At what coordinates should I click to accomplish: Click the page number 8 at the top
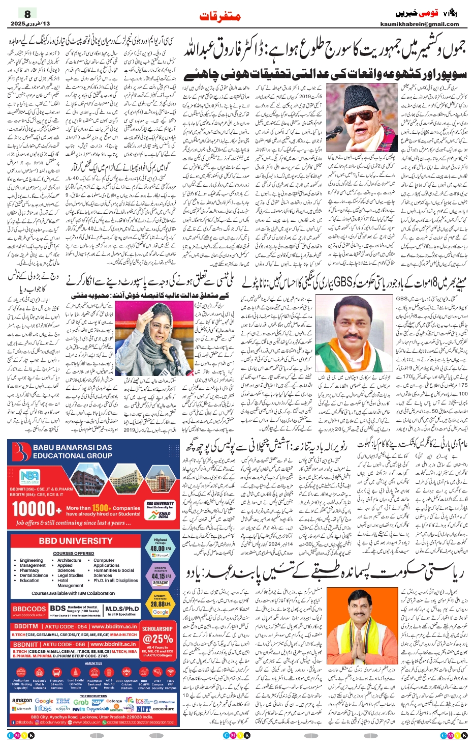click(x=27, y=14)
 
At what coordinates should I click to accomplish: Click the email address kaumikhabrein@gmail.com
click(x=419, y=24)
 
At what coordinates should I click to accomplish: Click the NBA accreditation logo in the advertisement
click(x=29, y=477)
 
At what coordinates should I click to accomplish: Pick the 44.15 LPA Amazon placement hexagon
click(x=160, y=575)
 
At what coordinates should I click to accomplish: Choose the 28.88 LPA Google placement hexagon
click(x=161, y=604)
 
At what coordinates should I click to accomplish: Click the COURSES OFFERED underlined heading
click(x=73, y=553)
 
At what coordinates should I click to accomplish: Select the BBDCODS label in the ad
click(x=29, y=609)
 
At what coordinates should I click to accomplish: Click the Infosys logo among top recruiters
click(x=43, y=708)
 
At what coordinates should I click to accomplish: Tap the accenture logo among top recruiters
click(x=164, y=708)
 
